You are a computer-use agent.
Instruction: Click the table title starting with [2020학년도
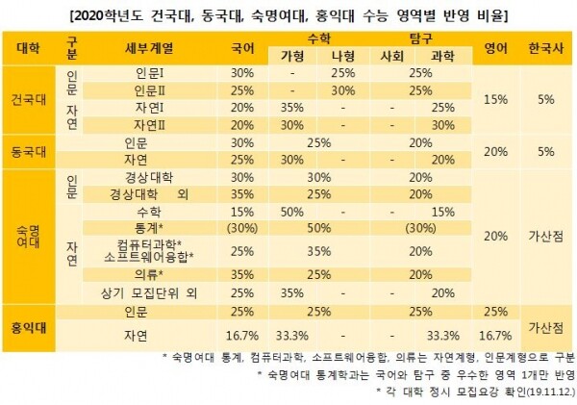288,15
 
